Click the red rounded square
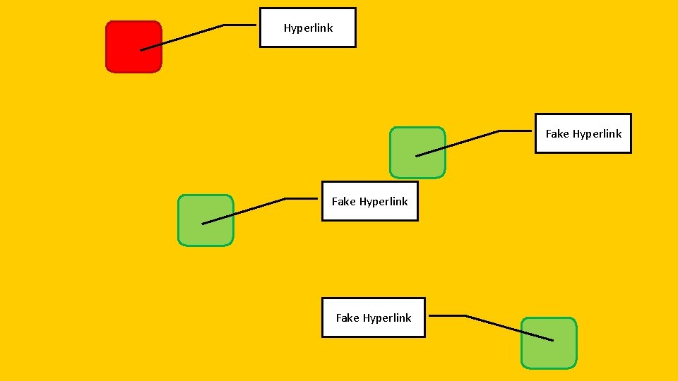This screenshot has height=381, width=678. click(x=133, y=47)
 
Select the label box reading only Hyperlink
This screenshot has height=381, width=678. click(x=308, y=28)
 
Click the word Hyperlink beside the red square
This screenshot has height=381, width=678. click(x=308, y=28)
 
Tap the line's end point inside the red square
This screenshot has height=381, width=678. click(x=141, y=50)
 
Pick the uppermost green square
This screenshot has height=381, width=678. click(x=417, y=152)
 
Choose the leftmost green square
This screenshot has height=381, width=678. click(x=205, y=220)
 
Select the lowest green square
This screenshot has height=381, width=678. click(x=549, y=343)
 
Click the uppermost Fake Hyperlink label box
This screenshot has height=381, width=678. click(x=583, y=133)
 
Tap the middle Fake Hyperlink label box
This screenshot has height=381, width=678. click(x=369, y=201)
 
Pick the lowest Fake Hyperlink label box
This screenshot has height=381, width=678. click(x=373, y=317)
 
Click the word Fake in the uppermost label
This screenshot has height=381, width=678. click(x=557, y=134)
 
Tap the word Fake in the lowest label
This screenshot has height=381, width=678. click(x=347, y=318)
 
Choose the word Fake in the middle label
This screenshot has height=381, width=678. click(x=343, y=202)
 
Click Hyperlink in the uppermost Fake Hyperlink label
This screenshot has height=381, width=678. click(x=597, y=134)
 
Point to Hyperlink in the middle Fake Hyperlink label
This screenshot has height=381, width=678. click(x=383, y=202)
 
